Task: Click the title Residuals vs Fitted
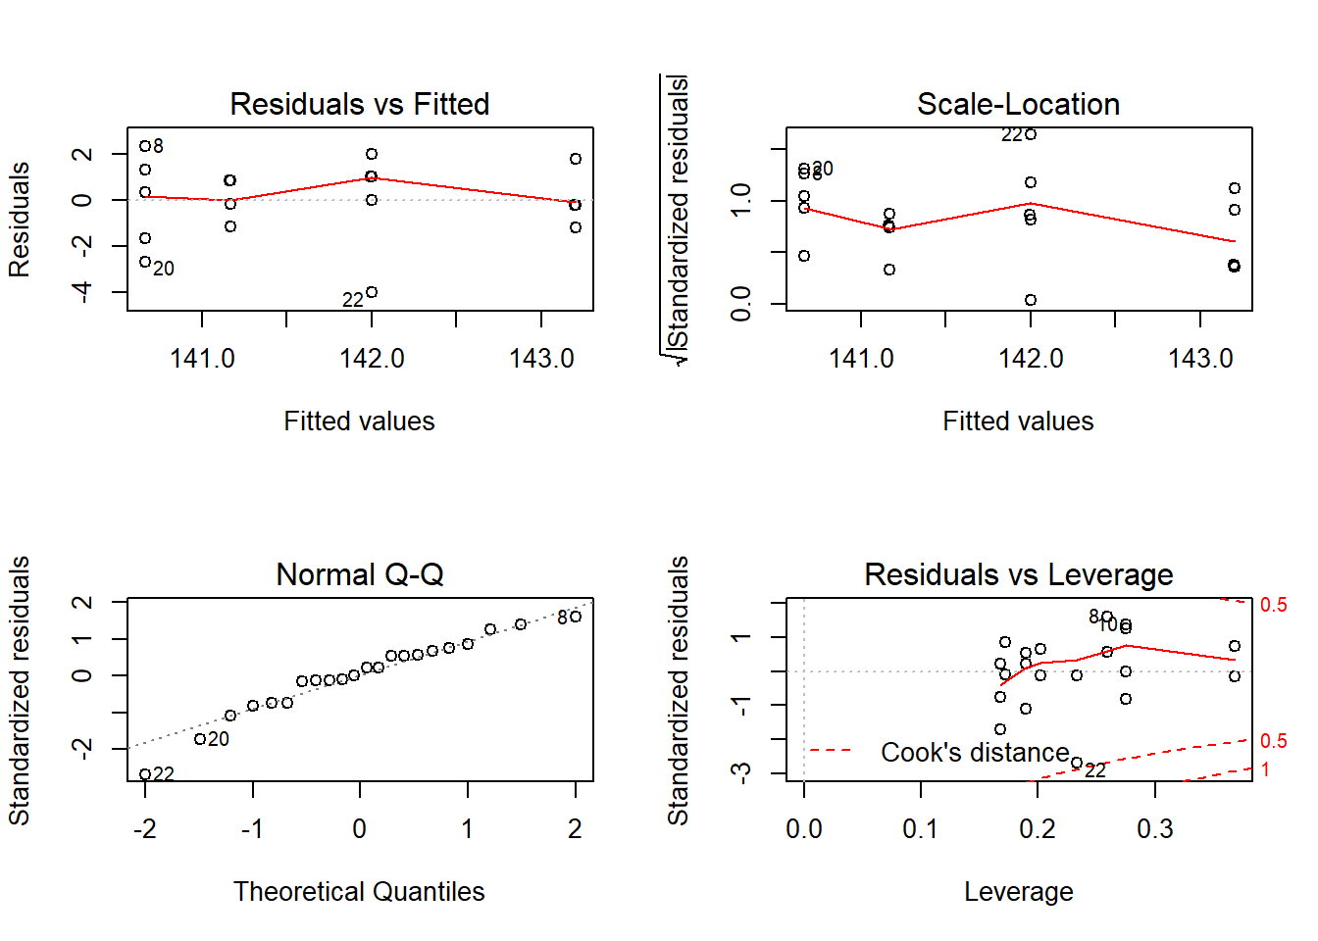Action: [x=359, y=104]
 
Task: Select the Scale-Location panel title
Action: [x=1018, y=104]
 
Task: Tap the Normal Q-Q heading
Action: [x=359, y=574]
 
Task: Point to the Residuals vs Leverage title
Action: [x=1018, y=574]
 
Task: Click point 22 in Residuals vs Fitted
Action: [x=372, y=292]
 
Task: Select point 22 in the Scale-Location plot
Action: [x=1031, y=134]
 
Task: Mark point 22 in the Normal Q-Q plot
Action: [x=145, y=774]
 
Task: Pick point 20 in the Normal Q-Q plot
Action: [x=200, y=739]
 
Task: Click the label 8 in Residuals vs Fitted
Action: [x=159, y=146]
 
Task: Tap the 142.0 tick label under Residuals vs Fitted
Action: [x=372, y=359]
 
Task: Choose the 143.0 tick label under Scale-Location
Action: [x=1200, y=359]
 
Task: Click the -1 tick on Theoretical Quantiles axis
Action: [x=252, y=829]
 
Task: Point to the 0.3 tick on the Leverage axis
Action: [x=1155, y=829]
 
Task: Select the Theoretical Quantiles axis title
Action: [x=359, y=892]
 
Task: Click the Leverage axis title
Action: [x=1018, y=892]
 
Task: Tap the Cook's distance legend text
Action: [x=975, y=753]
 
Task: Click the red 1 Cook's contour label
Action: [x=1266, y=769]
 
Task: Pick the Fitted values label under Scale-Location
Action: [x=1018, y=421]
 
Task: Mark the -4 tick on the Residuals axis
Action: [x=82, y=292]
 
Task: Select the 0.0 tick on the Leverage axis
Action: [x=804, y=829]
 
